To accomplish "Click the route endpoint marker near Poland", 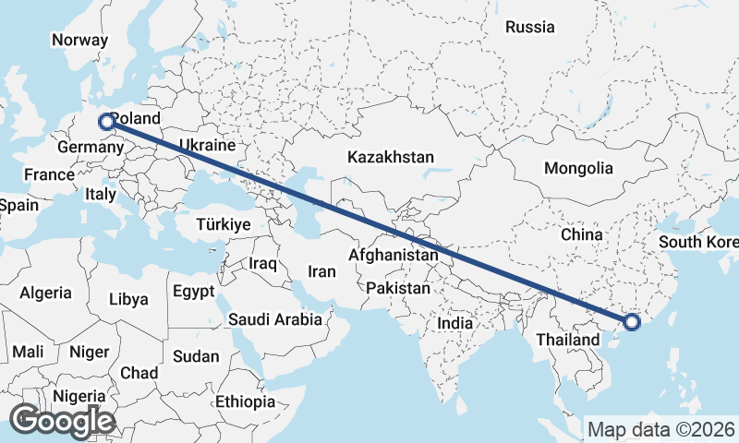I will [x=106, y=121].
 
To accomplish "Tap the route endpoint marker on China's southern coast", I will [x=632, y=322].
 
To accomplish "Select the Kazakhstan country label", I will [x=391, y=158].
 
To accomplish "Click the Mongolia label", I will [x=578, y=168].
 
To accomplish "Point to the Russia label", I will [x=529, y=27].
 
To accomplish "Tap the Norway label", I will [x=79, y=40].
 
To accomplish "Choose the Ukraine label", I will [x=208, y=145].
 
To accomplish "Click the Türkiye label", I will [x=224, y=224].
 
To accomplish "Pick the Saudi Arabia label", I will [x=275, y=320].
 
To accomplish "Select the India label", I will [x=454, y=324].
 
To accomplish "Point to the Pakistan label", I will [x=398, y=288].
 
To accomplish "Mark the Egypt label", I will [x=193, y=292].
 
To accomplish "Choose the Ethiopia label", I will [x=245, y=402].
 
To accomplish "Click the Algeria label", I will [x=46, y=293].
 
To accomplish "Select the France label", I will [x=49, y=174].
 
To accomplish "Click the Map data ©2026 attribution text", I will [x=661, y=429].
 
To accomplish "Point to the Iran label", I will [x=321, y=271].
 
